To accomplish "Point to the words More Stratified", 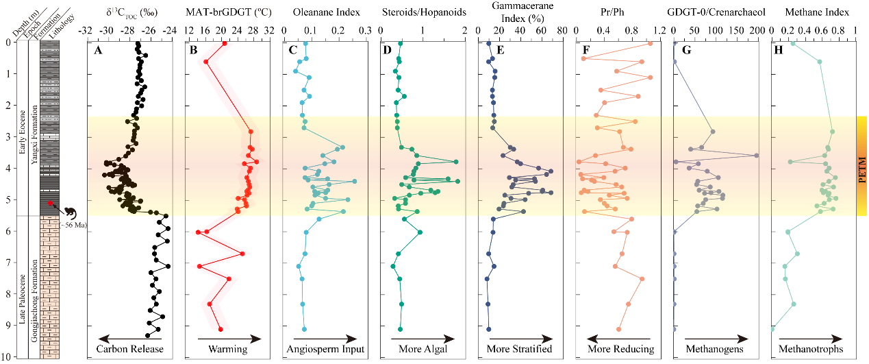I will (x=519, y=349).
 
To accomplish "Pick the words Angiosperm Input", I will (x=326, y=349).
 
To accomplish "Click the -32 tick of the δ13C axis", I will (x=86, y=32).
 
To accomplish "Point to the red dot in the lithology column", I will (x=50, y=204).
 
